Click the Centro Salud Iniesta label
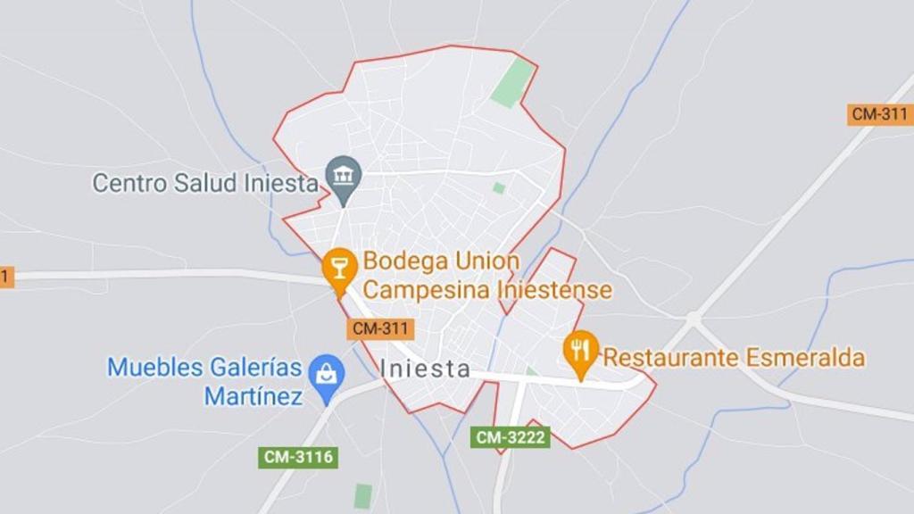point(205,184)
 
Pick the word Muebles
point(155,367)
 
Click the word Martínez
point(253,395)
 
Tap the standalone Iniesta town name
point(425,368)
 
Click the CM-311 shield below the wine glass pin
point(381,328)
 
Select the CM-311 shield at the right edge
point(879,114)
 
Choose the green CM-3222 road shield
point(511,437)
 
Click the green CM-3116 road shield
point(298,458)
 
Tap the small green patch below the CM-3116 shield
point(362,496)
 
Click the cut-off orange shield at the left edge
point(6,278)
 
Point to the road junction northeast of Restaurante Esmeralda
point(693,319)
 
